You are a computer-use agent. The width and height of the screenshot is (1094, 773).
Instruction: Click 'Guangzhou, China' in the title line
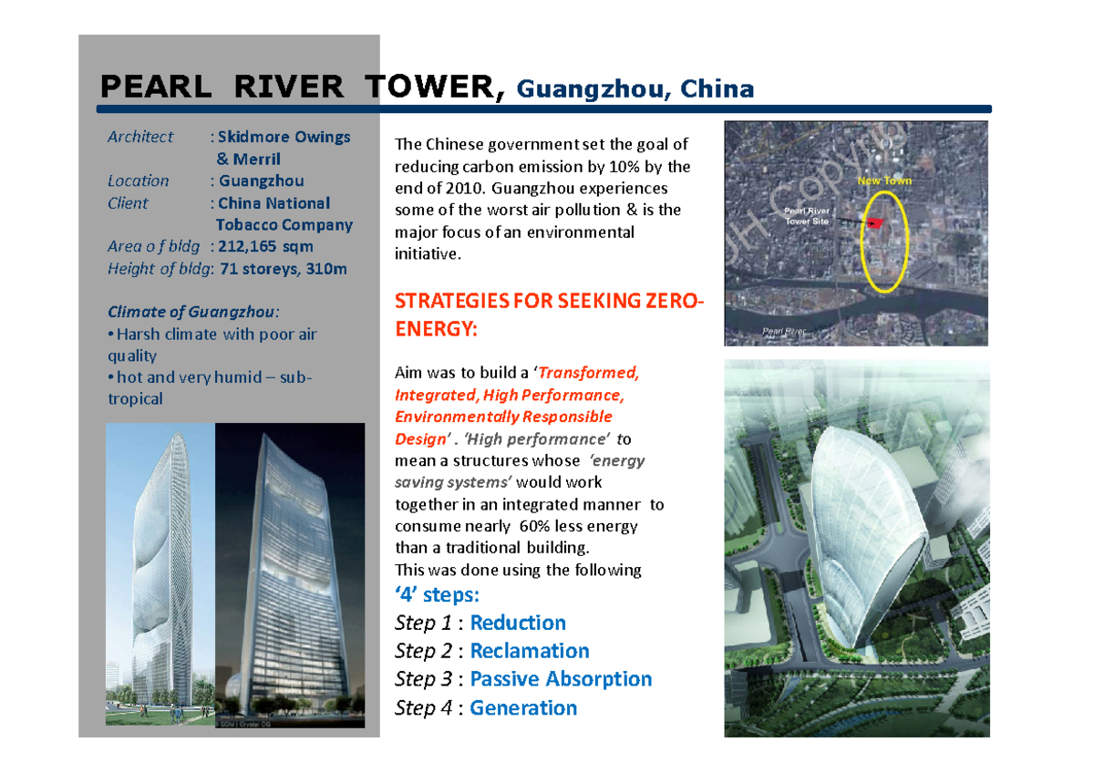coord(635,89)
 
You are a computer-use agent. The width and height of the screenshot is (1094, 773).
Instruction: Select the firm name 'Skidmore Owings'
coord(284,137)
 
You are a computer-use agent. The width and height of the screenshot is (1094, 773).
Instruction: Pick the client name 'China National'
coord(274,203)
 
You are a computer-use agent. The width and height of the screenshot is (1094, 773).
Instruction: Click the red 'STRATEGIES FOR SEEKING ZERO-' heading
coord(549,302)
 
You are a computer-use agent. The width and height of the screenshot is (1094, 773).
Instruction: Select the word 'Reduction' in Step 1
coord(518,623)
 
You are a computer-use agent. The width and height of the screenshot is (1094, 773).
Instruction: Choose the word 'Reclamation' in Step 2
coord(530,651)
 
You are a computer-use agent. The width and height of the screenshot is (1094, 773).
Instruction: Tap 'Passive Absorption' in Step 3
coord(561,679)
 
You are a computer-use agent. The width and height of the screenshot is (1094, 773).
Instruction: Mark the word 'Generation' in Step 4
coord(523,708)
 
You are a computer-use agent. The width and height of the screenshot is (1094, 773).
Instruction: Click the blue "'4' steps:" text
coord(437,595)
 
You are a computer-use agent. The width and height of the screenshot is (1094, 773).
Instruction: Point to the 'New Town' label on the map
coord(883,180)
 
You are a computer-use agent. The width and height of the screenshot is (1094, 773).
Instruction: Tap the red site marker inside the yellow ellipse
coord(877,221)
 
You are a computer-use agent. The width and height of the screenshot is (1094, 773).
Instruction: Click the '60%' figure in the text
coord(533,526)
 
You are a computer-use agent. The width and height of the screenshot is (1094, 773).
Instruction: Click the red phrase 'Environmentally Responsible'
coord(503,417)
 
